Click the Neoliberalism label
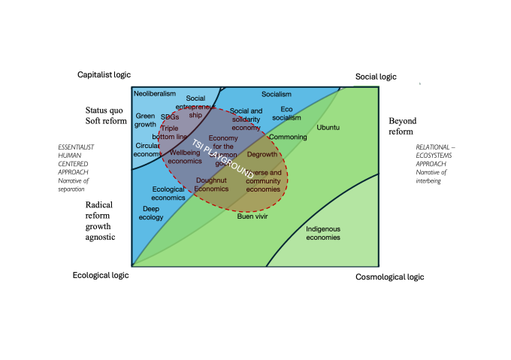click(154, 94)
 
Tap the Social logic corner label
click(376, 77)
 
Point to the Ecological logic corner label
click(100, 275)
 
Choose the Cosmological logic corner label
click(389, 277)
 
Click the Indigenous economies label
click(322, 233)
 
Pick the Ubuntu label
click(328, 128)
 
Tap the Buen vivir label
click(252, 216)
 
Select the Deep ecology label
click(151, 213)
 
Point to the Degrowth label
click(262, 154)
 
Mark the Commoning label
click(287, 138)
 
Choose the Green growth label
click(145, 120)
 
